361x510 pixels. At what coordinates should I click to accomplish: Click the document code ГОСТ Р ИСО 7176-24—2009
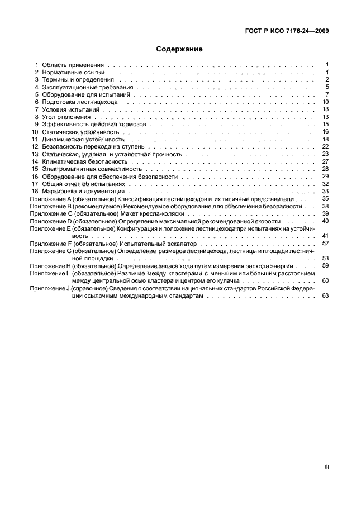pyautogui.click(x=287, y=31)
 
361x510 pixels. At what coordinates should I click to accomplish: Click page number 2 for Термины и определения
pyautogui.click(x=327, y=80)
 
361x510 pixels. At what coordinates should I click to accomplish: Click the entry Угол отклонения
pyautogui.click(x=66, y=117)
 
